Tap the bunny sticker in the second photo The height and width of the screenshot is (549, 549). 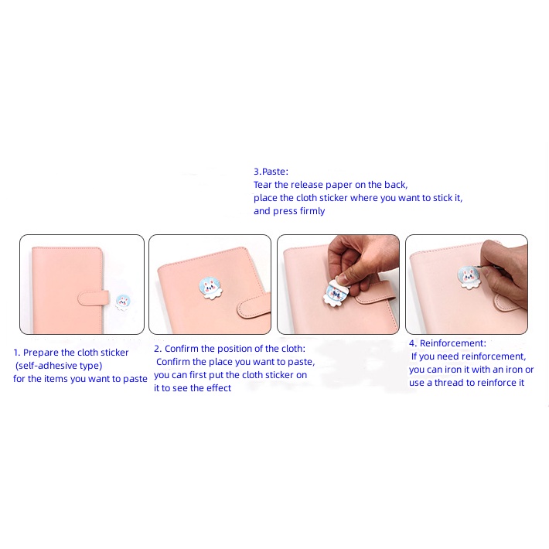pos(210,288)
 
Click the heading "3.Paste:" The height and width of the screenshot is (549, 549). pos(271,172)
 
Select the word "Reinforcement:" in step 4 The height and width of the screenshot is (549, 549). pos(452,343)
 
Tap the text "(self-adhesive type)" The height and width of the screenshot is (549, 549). pos(59,366)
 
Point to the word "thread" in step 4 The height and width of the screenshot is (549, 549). pos(449,383)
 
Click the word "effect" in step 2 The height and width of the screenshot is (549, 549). pos(219,388)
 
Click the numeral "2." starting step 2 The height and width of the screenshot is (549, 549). pos(158,349)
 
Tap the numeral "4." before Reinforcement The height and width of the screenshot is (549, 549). pos(413,343)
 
